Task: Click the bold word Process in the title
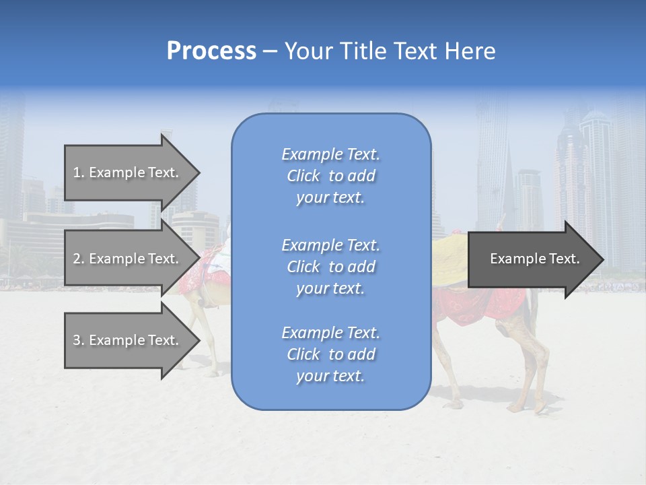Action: (211, 51)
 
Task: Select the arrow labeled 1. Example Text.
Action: (128, 172)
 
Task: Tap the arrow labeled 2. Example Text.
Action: (128, 259)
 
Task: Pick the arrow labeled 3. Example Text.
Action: (128, 340)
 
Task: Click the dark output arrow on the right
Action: (532, 259)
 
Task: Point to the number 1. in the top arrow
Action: (79, 172)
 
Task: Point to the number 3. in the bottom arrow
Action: (79, 340)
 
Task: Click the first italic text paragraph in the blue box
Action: (330, 176)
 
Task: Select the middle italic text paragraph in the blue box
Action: (330, 267)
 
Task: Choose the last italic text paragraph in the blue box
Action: (330, 354)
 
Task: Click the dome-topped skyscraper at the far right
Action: (596, 168)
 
